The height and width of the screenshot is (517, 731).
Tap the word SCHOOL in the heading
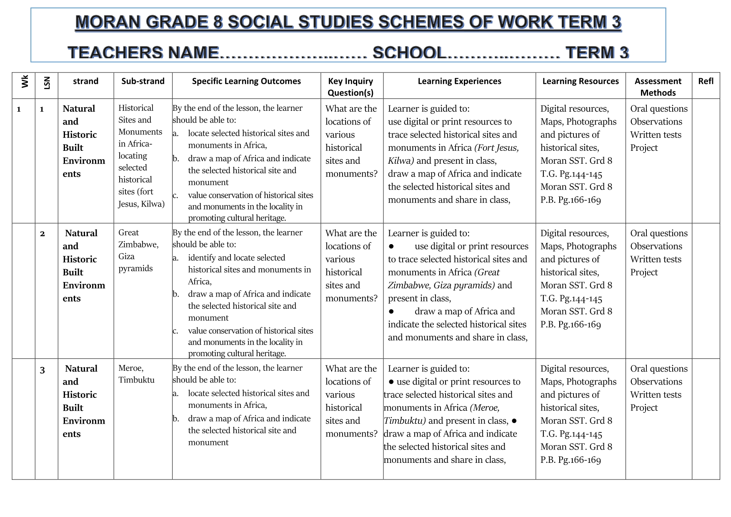[x=409, y=53]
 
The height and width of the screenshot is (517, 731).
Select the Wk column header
[x=25, y=81]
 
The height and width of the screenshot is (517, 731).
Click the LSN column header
[x=47, y=82]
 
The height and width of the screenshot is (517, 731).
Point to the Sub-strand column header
[x=143, y=81]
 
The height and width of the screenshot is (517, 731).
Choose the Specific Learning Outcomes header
[x=246, y=81]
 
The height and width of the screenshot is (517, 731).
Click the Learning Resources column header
[x=580, y=81]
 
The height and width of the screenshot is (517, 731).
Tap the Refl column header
[x=706, y=81]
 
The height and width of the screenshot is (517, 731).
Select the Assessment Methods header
[x=658, y=87]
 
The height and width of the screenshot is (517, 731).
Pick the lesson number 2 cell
[x=43, y=234]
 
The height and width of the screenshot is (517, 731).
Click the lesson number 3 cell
[x=43, y=370]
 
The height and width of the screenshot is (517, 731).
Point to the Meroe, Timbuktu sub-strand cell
[x=136, y=374]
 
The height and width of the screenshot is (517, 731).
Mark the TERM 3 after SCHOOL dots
[x=597, y=53]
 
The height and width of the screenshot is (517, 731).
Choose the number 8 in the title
[x=218, y=22]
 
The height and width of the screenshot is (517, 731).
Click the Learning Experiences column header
[x=459, y=81]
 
